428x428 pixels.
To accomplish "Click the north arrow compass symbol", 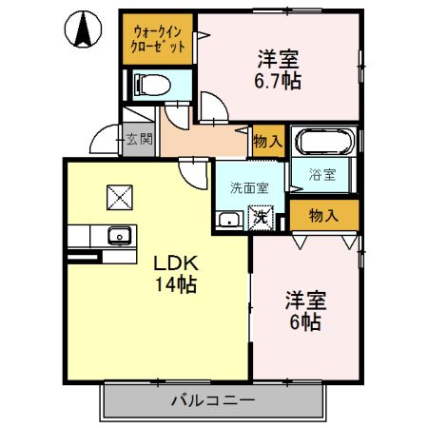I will tap(83, 29).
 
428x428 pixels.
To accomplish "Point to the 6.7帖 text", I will tap(278, 81).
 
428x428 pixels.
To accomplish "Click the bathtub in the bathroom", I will tap(324, 145).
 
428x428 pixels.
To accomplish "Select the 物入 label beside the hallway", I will tap(268, 141).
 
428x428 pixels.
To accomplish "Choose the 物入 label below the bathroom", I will tap(323, 216).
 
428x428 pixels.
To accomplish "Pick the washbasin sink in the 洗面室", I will tap(229, 220).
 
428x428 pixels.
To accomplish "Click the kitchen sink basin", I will tap(120, 236).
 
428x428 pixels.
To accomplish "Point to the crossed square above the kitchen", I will tap(121, 196).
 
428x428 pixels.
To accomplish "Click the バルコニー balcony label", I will tap(212, 400).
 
